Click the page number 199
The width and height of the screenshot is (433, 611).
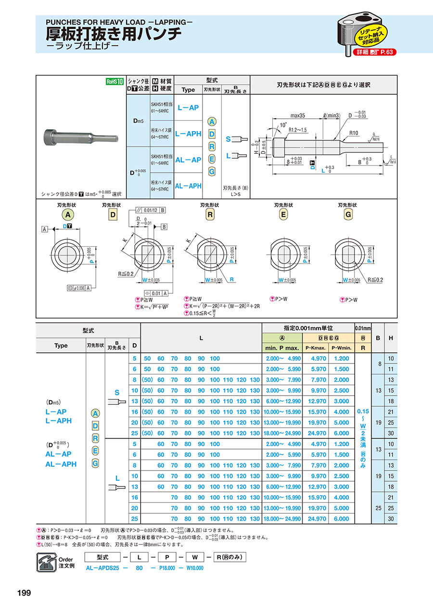[x=24, y=593]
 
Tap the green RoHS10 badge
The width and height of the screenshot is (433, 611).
[x=115, y=82]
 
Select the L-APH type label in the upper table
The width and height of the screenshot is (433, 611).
[x=188, y=134]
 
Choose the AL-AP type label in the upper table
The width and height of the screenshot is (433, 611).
[x=188, y=160]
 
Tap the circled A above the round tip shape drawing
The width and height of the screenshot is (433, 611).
[x=68, y=215]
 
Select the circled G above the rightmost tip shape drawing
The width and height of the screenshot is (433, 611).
[x=348, y=215]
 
